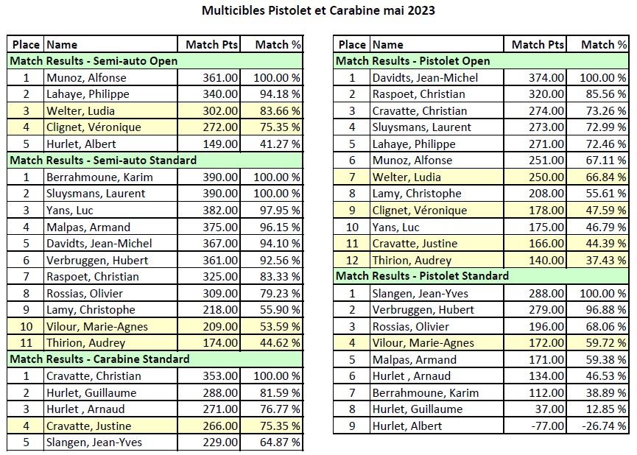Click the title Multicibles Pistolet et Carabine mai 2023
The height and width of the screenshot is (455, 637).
point(317,11)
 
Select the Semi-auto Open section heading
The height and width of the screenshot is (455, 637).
point(94,61)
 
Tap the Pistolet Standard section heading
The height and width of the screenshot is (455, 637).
point(422,276)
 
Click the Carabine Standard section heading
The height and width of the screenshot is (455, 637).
point(99,359)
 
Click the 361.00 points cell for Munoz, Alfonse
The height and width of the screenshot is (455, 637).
point(221,77)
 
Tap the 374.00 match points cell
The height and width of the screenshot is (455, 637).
point(547,77)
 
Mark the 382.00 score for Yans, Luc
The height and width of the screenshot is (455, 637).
point(221,210)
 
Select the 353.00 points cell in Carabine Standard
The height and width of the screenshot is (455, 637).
point(221,376)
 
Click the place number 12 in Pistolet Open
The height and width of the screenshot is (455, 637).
point(351,260)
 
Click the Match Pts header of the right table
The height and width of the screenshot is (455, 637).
point(538,44)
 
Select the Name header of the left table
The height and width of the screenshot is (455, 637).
point(62,44)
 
